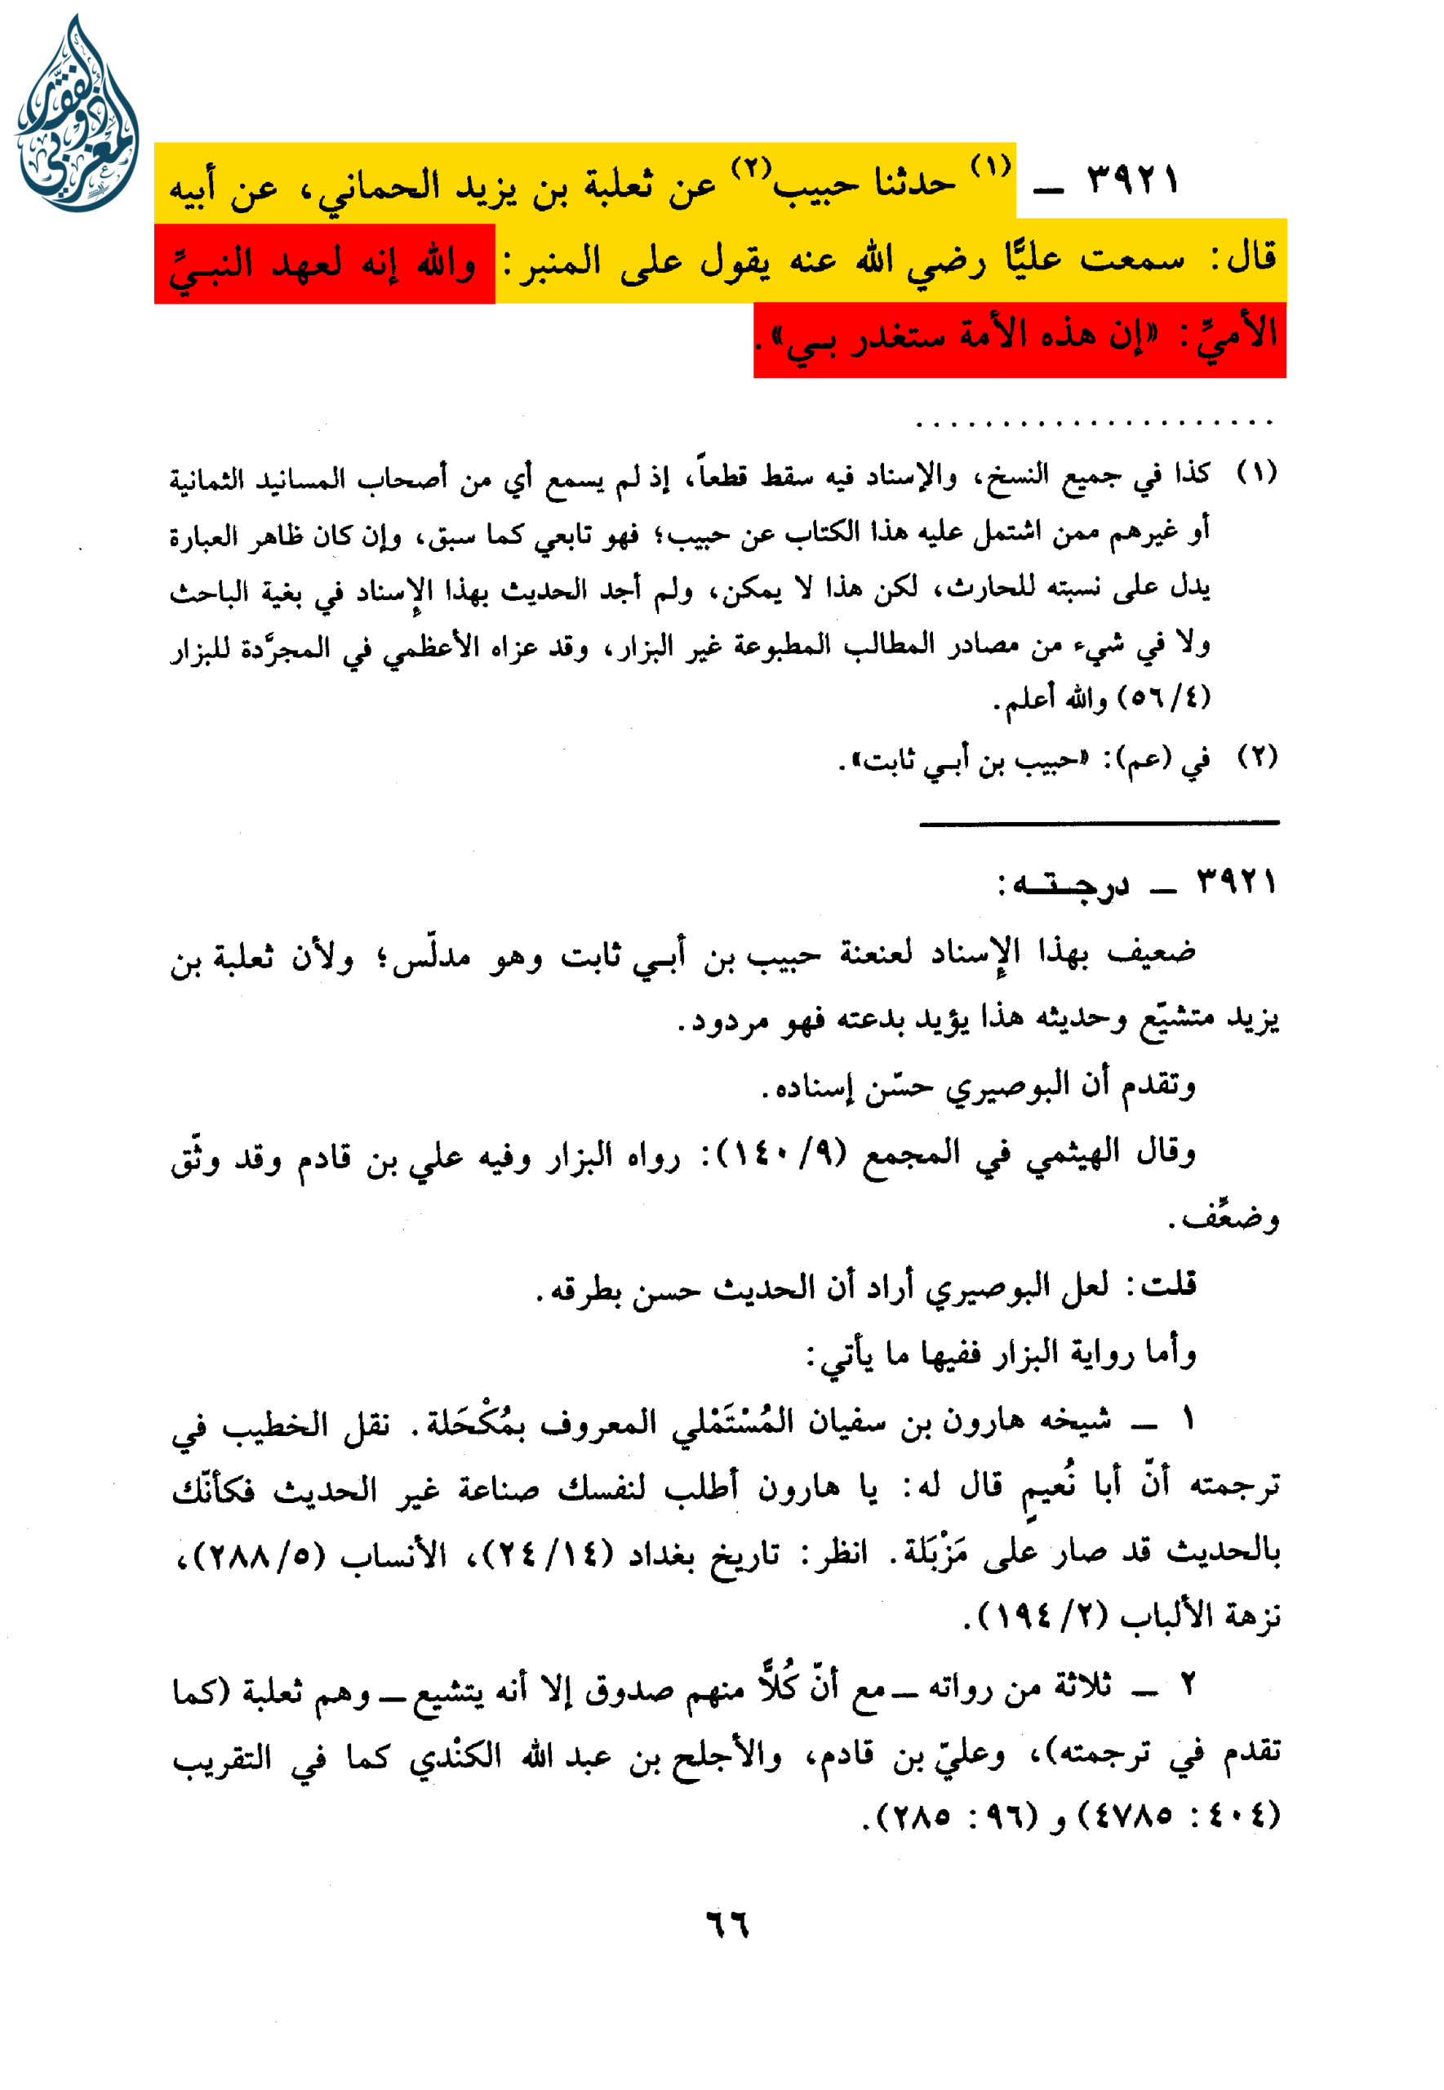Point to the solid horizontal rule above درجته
pos(1099,822)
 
